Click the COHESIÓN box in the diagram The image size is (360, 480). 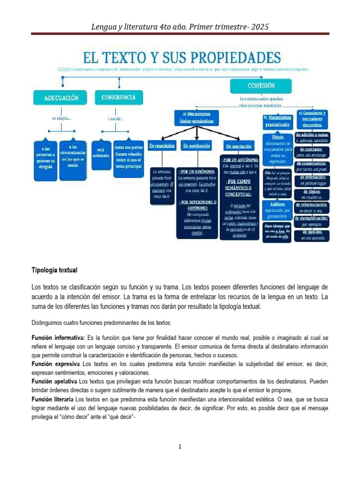tap(261, 86)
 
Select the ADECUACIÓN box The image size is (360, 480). tap(58, 98)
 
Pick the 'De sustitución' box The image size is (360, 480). tap(196, 146)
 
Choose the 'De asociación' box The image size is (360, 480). tap(238, 146)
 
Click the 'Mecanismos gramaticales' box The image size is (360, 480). tap(278, 121)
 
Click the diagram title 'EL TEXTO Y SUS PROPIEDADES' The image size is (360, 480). tap(182, 58)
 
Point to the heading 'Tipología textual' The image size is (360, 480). tap(54, 270)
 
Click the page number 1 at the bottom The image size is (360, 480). tap(180, 447)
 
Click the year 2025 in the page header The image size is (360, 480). tap(260, 27)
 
